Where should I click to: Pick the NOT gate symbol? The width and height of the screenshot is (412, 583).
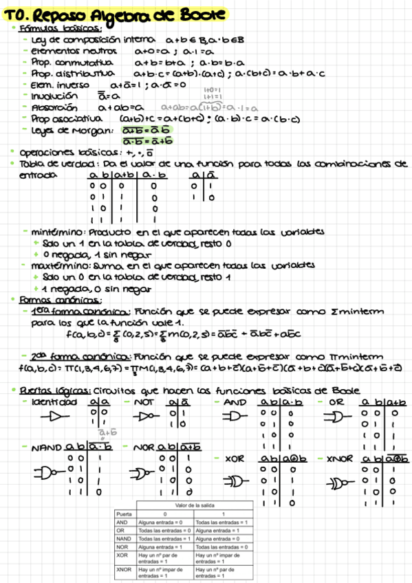147,417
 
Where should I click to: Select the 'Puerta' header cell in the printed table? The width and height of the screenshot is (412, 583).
124,514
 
